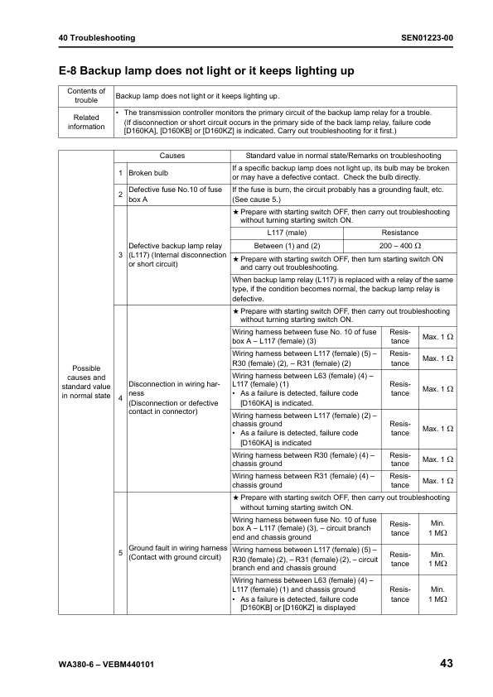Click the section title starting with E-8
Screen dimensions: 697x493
(x=206, y=71)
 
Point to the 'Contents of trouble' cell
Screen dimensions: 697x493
(x=86, y=96)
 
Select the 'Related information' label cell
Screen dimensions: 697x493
(x=86, y=122)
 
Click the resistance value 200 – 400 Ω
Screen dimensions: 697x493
(x=399, y=246)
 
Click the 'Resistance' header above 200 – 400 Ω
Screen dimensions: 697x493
(x=399, y=233)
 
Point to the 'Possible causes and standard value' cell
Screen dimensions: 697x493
(x=86, y=383)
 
